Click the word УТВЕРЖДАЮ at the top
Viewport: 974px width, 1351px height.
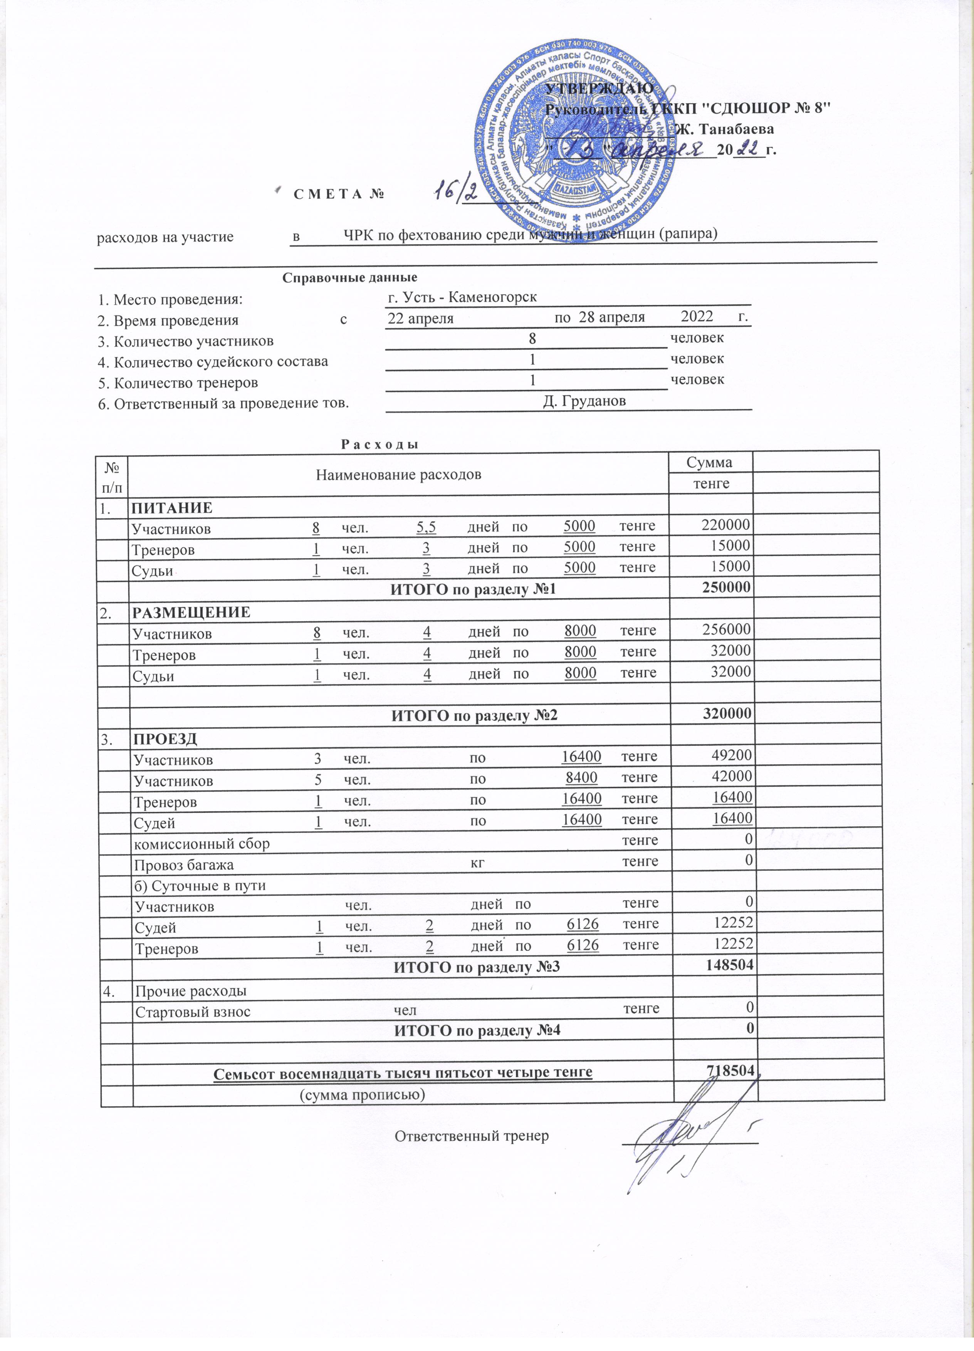click(599, 89)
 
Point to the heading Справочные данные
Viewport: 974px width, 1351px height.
click(350, 278)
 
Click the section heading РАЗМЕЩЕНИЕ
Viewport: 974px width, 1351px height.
click(191, 612)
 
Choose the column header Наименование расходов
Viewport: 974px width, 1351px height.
click(398, 475)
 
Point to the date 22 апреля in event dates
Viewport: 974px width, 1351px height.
click(421, 318)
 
